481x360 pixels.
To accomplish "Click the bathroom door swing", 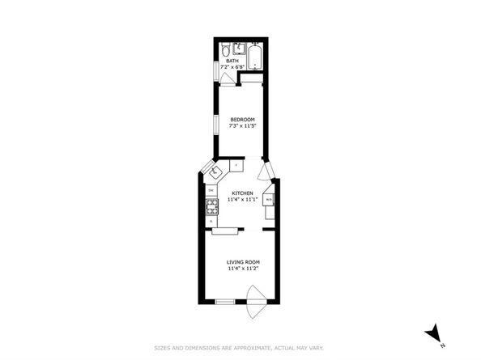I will pos(228,78).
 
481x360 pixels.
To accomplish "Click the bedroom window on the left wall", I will pos(215,129).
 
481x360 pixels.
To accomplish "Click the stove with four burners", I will pos(211,205).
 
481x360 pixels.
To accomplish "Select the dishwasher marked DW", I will pos(211,191).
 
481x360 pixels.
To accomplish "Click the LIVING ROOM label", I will pos(243,262).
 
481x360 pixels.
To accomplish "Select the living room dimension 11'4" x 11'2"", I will pos(243,269).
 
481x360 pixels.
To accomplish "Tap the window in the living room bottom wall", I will pos(224,302).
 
